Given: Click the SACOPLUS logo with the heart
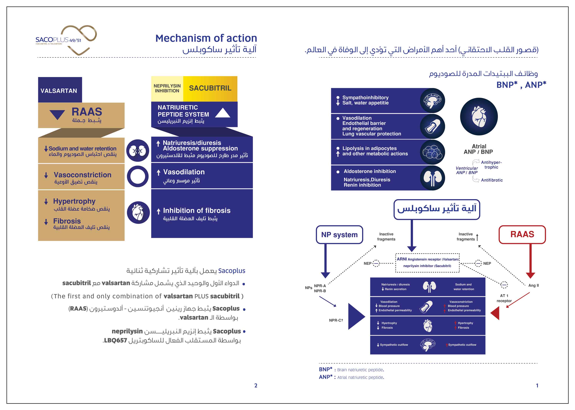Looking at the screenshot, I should [66, 40].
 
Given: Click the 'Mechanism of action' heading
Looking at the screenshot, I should [206, 38].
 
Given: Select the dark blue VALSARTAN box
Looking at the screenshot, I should [60, 90].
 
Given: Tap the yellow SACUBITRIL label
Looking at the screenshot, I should [210, 88].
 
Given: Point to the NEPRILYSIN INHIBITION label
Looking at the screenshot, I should [167, 88].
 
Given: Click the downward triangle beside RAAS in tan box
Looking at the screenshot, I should [57, 114].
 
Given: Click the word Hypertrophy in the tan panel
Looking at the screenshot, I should [74, 201].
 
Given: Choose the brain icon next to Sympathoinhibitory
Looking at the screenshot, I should [432, 100].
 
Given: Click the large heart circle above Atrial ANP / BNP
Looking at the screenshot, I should [479, 117].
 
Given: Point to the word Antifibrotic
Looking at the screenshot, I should [492, 180].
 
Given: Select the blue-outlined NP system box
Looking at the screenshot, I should [339, 234].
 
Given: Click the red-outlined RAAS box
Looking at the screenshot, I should [522, 234].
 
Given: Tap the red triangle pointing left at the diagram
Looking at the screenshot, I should [495, 313].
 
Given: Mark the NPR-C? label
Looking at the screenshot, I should [336, 320].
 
